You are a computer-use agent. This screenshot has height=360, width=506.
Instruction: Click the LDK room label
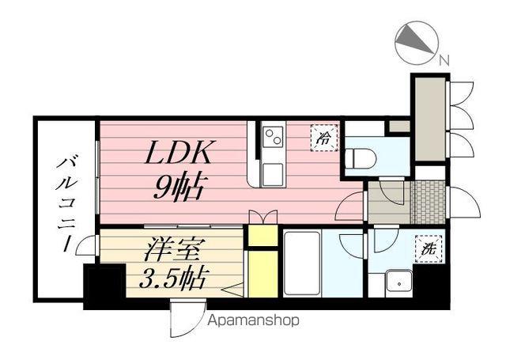[178, 153]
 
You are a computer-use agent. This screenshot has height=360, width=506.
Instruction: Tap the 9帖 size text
[179, 188]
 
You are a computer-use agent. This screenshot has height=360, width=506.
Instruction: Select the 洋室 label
[172, 250]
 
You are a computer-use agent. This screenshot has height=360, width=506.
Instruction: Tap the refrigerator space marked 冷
[324, 138]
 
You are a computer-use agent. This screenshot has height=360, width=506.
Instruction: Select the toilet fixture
[361, 158]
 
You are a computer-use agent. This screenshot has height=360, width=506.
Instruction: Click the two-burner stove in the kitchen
[273, 137]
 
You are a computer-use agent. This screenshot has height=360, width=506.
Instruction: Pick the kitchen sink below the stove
[273, 174]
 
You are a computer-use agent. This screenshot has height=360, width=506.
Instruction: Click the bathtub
[302, 263]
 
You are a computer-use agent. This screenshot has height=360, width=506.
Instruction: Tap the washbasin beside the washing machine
[400, 282]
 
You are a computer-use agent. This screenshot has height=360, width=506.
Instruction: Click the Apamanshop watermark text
[253, 320]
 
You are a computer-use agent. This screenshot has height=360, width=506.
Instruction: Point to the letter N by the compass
[444, 59]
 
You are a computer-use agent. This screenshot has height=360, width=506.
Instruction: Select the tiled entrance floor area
[429, 203]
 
